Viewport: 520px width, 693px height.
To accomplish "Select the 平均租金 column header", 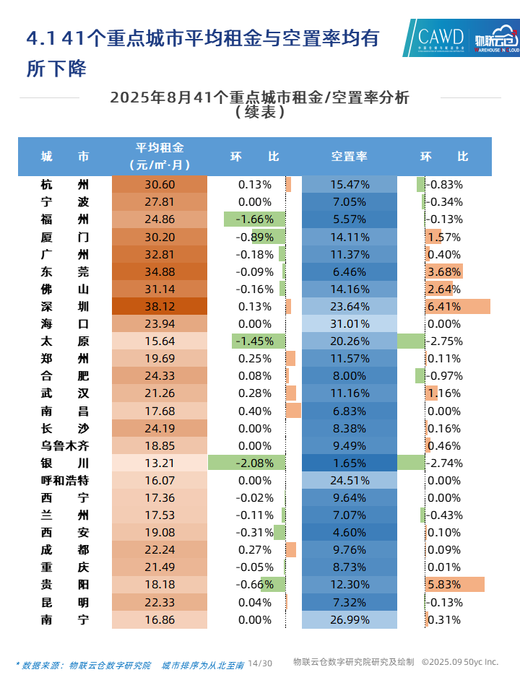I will [160, 156].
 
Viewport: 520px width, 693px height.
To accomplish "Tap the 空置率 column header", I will [350, 156].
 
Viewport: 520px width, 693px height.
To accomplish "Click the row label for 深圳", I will [65, 306].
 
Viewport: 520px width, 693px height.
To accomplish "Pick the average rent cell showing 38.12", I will [160, 306].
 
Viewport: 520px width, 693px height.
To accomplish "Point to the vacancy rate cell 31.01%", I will [350, 323].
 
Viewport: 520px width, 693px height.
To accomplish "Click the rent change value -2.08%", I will [255, 463].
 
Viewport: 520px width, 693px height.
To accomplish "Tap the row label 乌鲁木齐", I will [65, 445].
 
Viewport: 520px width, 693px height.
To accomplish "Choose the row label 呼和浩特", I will [65, 480].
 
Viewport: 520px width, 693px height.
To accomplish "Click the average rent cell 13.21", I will [160, 463].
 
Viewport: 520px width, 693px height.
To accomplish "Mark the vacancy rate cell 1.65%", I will [350, 463].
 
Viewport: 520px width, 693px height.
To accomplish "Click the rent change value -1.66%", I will [255, 219].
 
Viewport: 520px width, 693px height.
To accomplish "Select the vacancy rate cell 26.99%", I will [350, 619].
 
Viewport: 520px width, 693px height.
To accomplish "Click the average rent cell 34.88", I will [160, 271].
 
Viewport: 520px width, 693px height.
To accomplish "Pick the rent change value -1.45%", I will [255, 341].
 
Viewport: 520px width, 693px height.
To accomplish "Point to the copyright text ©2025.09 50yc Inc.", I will [460, 662].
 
